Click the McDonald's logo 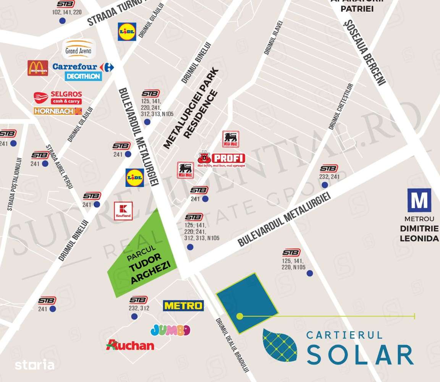[38, 68]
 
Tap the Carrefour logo [83, 67]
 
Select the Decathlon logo [83, 76]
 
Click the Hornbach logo [58, 111]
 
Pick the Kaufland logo [123, 211]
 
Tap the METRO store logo [183, 306]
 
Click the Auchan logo [130, 345]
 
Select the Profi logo [222, 159]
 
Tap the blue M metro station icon [419, 200]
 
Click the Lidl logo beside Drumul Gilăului [127, 32]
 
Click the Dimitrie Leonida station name [419, 233]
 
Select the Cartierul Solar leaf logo [280, 345]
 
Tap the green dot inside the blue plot [240, 316]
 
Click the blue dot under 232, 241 [325, 185]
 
